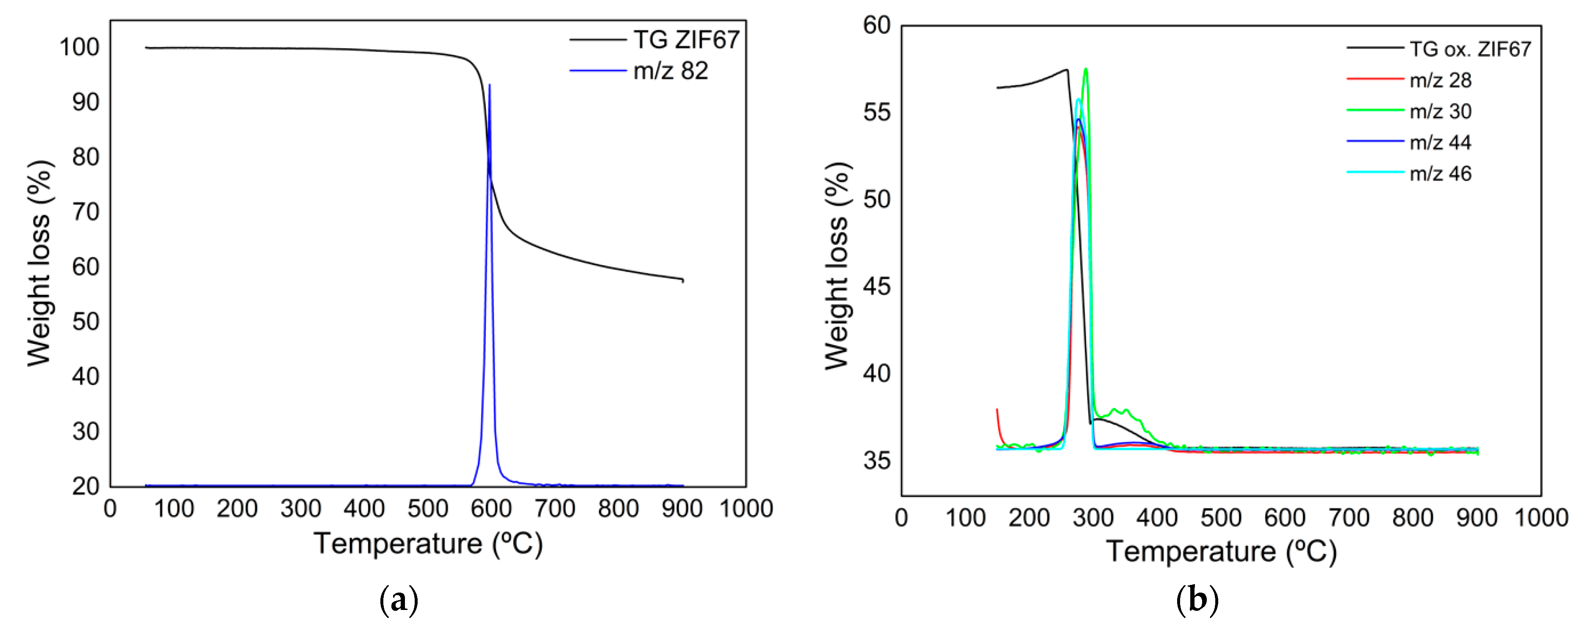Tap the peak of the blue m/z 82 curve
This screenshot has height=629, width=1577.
tap(489, 86)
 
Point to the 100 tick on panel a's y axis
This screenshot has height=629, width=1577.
tap(80, 47)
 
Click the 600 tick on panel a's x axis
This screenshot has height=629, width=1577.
tap(491, 508)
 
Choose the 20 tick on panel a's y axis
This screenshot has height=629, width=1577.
tap(86, 486)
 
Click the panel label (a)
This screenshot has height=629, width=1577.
tap(399, 601)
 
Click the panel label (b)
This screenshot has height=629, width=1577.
tap(1197, 601)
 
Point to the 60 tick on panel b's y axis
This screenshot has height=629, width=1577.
tap(877, 26)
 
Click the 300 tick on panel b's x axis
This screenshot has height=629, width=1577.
tap(1093, 518)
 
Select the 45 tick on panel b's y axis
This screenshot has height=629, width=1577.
tap(877, 287)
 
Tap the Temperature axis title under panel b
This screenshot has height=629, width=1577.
tap(1221, 551)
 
